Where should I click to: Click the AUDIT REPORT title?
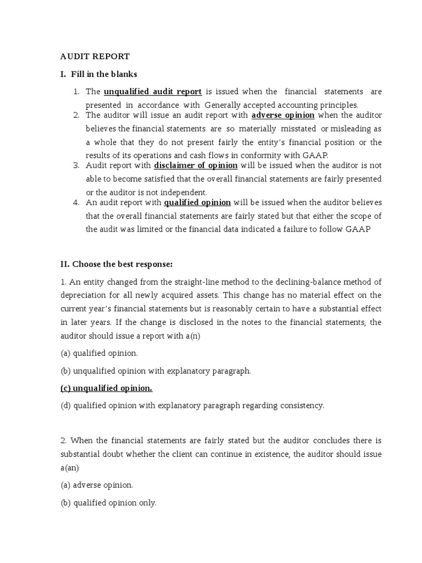click(x=95, y=56)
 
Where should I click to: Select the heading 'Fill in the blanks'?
click(x=104, y=74)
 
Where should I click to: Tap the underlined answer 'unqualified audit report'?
click(x=153, y=91)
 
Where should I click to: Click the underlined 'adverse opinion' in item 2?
click(x=283, y=115)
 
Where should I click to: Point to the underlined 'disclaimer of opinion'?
click(x=196, y=165)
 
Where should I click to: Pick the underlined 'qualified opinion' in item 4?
click(x=197, y=202)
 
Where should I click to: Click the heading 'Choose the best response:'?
click(x=116, y=264)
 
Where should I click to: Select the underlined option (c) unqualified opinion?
click(x=106, y=388)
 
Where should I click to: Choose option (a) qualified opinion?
click(x=99, y=353)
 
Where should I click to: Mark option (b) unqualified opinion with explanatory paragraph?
click(x=156, y=371)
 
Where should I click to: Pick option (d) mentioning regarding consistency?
click(x=192, y=406)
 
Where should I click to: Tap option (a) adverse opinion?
click(x=97, y=485)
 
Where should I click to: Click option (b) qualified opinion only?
click(x=108, y=503)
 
